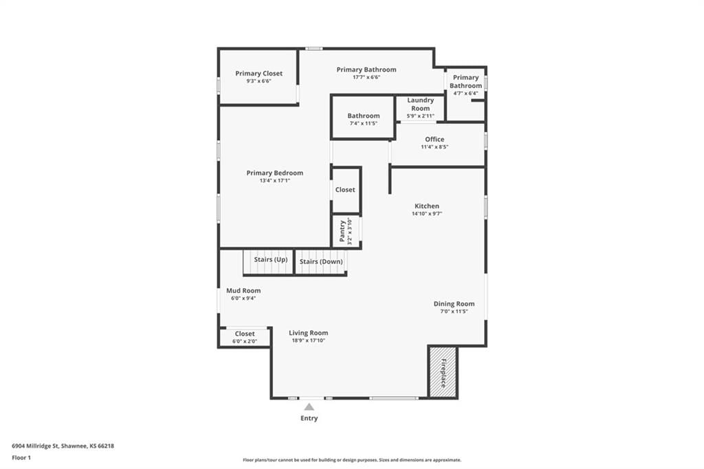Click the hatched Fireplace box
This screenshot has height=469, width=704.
point(443,372)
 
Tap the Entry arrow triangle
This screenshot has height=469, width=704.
point(309,407)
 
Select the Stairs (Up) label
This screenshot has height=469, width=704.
point(271,260)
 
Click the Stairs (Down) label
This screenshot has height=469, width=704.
point(321,261)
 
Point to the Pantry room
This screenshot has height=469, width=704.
point(346,231)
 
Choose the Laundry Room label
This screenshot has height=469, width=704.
point(421,105)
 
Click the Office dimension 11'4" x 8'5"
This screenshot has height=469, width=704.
point(434,147)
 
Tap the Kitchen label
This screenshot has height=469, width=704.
point(426,206)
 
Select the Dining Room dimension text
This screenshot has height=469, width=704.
point(454,312)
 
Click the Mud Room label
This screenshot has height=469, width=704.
point(243,291)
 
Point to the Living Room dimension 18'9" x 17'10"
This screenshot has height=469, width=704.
point(309,340)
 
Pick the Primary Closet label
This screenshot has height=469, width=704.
point(259,73)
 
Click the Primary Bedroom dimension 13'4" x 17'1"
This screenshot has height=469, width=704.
point(275,181)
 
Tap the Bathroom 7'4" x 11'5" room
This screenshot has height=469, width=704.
point(363,117)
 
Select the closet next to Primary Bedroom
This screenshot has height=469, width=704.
point(346,190)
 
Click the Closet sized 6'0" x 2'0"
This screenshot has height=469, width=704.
point(245,338)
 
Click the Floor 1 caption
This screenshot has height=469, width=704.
point(21,458)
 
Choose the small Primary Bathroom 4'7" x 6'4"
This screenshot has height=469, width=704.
point(465,94)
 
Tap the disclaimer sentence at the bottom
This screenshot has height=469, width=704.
point(352,460)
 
